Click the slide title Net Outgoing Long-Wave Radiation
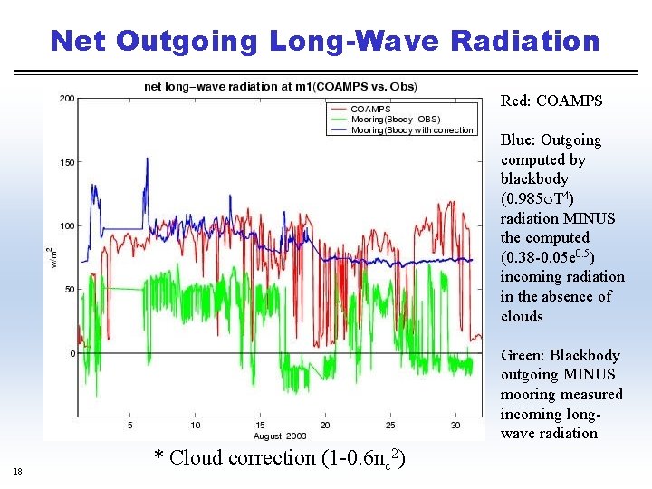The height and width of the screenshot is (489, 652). (x=325, y=41)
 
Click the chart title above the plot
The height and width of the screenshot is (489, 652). (x=281, y=87)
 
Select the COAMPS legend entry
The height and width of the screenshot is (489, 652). (x=371, y=109)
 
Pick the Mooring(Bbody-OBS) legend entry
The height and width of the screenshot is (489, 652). (x=396, y=120)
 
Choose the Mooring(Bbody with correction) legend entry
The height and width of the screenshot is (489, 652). (x=412, y=130)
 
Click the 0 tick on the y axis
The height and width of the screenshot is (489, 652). (x=72, y=353)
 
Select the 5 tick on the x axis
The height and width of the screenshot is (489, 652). (x=130, y=425)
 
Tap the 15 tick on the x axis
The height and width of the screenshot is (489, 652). (x=261, y=425)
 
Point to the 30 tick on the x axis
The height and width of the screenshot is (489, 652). (x=455, y=425)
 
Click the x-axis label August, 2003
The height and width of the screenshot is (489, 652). (x=281, y=436)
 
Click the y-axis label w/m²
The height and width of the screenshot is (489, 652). (x=51, y=258)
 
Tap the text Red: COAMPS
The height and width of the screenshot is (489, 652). (x=551, y=101)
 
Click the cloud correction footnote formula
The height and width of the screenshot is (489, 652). (x=279, y=458)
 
